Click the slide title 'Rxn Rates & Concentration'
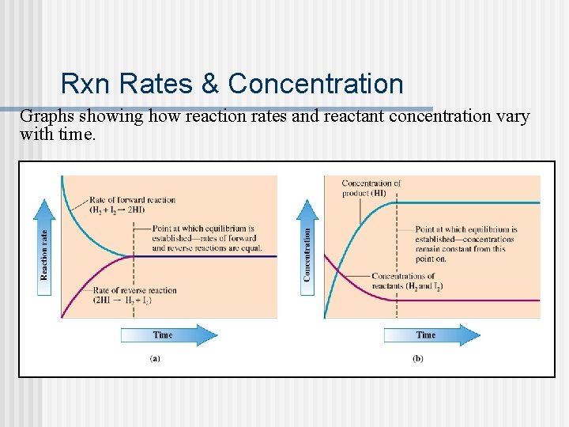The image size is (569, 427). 232,83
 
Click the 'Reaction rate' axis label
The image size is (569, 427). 44,254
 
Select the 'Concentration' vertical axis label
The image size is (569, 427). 307,254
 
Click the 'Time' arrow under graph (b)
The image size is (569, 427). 431,335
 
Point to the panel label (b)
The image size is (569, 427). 418,358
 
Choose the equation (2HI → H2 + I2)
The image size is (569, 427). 122,300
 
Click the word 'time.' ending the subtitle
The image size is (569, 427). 77,134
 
